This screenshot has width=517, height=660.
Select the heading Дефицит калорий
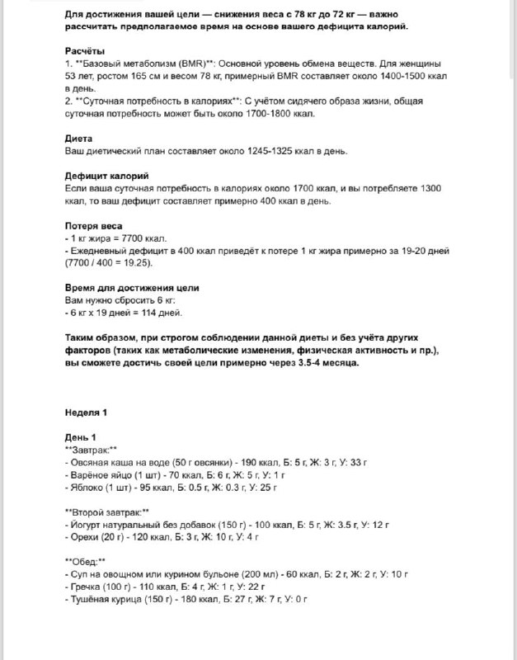(106, 177)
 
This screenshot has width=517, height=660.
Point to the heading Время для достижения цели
(131, 287)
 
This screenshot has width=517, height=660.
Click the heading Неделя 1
(86, 412)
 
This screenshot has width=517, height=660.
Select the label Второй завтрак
(106, 511)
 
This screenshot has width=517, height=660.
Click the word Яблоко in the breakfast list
(86, 487)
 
